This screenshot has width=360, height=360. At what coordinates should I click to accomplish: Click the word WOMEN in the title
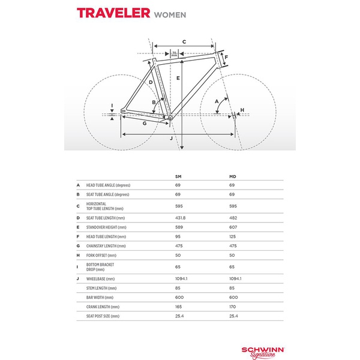[170, 14]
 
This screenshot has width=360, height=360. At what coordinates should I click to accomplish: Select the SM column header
[178, 177]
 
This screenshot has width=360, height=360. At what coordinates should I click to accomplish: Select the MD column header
[233, 177]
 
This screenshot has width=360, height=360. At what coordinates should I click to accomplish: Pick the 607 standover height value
[233, 227]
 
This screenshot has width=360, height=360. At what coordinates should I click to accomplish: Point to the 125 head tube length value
[233, 236]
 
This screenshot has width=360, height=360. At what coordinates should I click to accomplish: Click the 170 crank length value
[233, 306]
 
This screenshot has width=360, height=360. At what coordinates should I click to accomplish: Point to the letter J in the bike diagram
[172, 138]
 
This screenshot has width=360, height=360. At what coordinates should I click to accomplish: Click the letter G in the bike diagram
[145, 123]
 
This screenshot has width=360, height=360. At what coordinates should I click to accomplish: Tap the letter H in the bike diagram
[242, 110]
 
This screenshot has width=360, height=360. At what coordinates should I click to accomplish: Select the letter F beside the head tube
[226, 59]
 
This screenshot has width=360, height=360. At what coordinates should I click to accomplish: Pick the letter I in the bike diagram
[112, 106]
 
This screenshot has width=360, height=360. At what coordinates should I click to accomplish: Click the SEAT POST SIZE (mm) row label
[103, 316]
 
